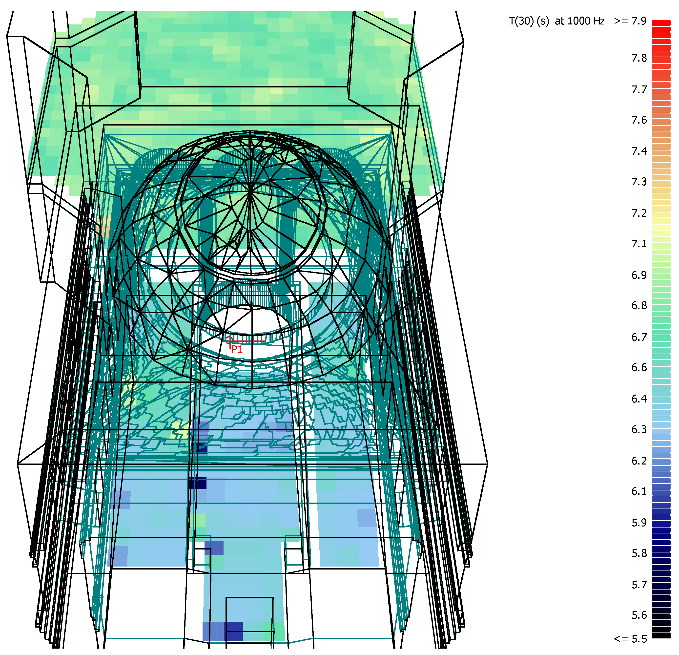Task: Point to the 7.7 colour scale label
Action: pyautogui.click(x=639, y=90)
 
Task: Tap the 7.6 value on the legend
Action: pyautogui.click(x=639, y=120)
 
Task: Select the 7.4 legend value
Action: pyautogui.click(x=639, y=151)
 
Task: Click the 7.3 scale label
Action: pyautogui.click(x=639, y=182)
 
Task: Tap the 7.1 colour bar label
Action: pyautogui.click(x=639, y=244)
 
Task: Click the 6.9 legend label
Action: pyautogui.click(x=639, y=275)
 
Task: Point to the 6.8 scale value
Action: pyautogui.click(x=639, y=305)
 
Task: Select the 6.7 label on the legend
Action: pyautogui.click(x=639, y=337)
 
